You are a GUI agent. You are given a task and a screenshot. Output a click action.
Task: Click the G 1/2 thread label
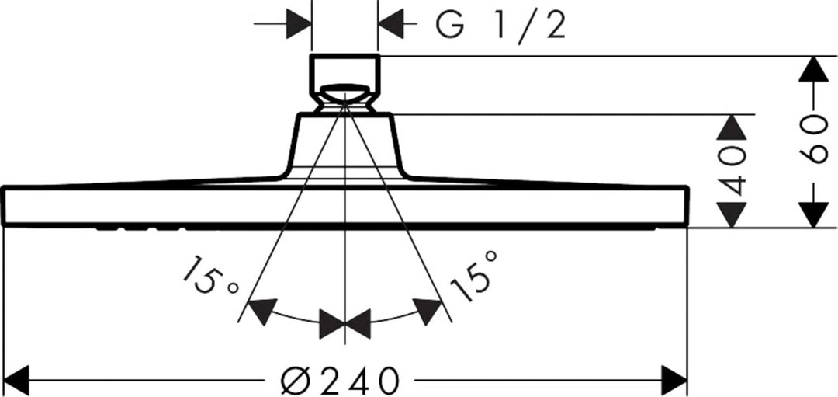(x=500, y=25)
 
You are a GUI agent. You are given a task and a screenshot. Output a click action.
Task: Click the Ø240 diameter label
(x=340, y=381)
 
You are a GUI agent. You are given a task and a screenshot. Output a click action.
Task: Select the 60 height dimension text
(x=812, y=139)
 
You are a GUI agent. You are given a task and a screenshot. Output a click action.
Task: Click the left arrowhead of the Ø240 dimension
(x=16, y=381)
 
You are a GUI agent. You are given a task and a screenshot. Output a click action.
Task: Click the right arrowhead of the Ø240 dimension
(x=674, y=381)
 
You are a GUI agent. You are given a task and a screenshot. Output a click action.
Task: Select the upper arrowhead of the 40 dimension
(x=731, y=127)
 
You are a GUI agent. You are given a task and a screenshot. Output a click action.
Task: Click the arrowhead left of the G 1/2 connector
(x=299, y=24)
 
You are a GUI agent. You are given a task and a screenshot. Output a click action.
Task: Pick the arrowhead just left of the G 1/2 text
(x=390, y=24)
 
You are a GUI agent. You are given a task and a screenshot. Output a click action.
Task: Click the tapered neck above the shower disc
(x=345, y=145)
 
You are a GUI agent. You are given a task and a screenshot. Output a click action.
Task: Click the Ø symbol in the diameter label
(x=293, y=381)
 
